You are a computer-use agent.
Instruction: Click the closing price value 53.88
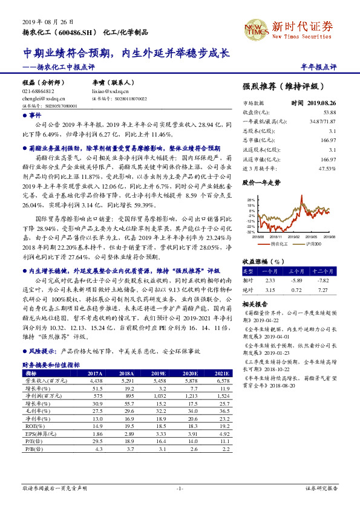pos(329,112)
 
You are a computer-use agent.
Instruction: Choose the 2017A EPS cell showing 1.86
pos(96,433)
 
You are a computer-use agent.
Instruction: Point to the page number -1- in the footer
pos(180,487)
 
